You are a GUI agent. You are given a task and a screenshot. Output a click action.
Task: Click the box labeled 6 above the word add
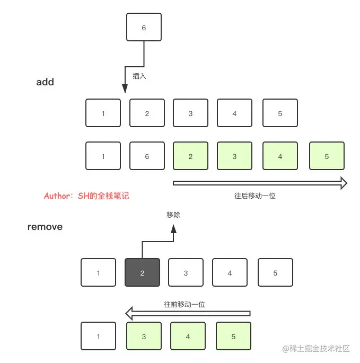tap(144, 28)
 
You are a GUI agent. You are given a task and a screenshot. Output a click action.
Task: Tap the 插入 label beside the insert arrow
tap(139, 76)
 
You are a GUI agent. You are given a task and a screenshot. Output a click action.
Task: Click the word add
tap(45, 82)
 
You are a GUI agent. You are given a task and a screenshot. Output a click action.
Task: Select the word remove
tap(45, 227)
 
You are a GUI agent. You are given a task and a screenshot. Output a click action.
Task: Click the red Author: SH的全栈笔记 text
tap(86, 196)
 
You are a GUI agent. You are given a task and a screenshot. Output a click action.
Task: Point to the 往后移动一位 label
tap(255, 196)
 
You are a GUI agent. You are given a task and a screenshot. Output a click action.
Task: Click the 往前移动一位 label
tap(185, 305)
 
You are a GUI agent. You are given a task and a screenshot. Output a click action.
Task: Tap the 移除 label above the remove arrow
tap(173, 215)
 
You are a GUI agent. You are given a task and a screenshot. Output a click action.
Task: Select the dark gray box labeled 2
tap(142, 273)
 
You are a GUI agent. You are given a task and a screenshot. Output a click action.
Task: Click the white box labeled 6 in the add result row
tap(147, 156)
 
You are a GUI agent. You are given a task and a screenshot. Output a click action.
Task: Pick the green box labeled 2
tap(190, 156)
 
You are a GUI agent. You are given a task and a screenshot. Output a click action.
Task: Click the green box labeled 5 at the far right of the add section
tap(327, 156)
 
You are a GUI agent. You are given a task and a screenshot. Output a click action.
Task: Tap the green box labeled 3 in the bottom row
tap(144, 336)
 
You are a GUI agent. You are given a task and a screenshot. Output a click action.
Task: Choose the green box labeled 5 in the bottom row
tap(233, 336)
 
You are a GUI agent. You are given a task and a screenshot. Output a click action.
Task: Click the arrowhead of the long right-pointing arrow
tap(343, 183)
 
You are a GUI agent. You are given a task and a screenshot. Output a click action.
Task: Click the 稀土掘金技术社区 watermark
tap(317, 349)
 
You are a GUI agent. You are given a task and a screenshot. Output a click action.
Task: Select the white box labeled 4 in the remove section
tap(230, 273)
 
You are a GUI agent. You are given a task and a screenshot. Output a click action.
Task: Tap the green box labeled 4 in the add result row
tap(280, 156)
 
